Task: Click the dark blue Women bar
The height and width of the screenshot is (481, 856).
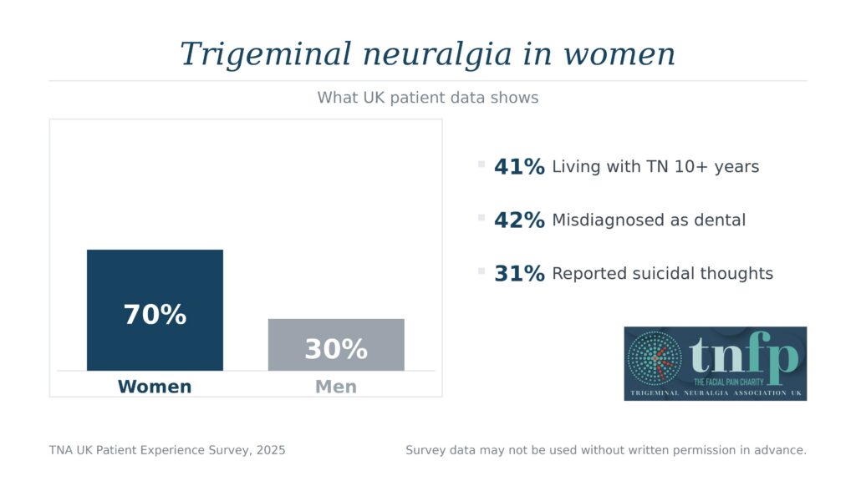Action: pos(155,276)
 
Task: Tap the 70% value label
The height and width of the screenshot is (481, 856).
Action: pos(155,315)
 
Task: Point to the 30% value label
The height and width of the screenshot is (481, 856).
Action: pos(336,349)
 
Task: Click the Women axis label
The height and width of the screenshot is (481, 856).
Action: pos(155,387)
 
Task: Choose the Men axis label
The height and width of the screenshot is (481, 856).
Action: pos(336,387)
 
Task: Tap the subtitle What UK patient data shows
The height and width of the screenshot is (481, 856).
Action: pos(428,98)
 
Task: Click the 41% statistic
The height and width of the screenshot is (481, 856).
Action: pos(519,167)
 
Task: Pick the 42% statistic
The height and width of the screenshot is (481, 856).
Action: pos(519,220)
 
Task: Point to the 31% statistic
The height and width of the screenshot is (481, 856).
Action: pos(519,273)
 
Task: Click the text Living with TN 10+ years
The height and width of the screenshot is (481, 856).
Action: pos(655,167)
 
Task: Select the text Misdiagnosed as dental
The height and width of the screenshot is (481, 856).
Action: pos(649,220)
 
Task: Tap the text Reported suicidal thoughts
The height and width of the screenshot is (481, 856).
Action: pos(662,273)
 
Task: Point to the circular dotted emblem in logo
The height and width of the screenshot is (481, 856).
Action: pos(655,359)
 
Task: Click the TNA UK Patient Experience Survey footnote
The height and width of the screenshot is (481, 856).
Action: pos(167,450)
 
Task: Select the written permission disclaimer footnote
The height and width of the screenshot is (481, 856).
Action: pos(606,450)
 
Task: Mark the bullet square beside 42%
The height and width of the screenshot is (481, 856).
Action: pos(481,217)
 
